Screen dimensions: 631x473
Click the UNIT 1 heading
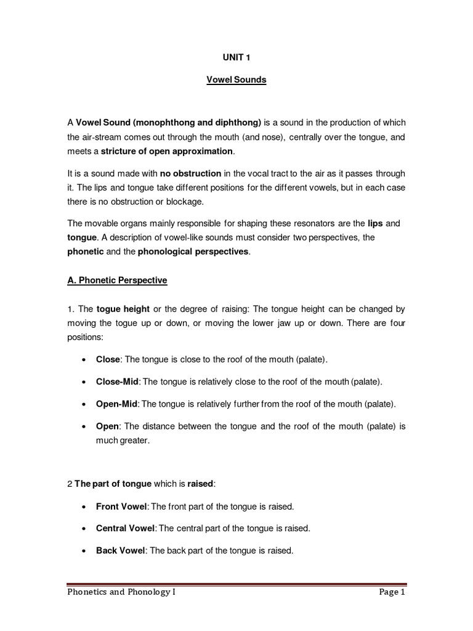(236, 57)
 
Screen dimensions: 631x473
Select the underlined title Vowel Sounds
(236, 80)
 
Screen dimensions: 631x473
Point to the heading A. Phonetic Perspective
(117, 280)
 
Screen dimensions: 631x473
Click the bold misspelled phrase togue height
(123, 309)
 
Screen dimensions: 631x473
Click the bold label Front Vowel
(121, 506)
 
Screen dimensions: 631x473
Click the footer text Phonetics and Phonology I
(123, 593)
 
